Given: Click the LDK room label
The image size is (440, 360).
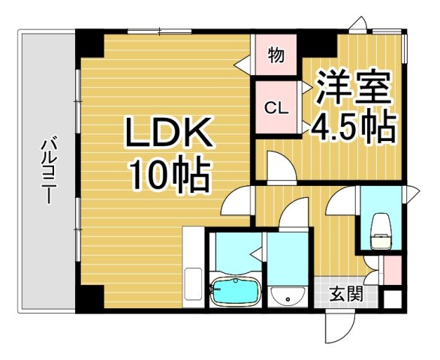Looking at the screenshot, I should click(x=170, y=136).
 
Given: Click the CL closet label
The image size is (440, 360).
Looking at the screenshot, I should click(x=275, y=107).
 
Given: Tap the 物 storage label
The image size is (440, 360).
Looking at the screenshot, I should click(x=275, y=55).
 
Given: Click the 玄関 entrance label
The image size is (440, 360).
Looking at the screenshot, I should click(x=345, y=293).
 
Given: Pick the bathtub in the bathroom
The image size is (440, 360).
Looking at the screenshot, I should click(x=235, y=291).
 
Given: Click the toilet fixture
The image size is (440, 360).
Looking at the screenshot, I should click(x=381, y=232).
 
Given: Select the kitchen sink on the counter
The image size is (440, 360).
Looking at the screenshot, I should click(x=193, y=283).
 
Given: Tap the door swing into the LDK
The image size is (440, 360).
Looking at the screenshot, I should click(x=239, y=202).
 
